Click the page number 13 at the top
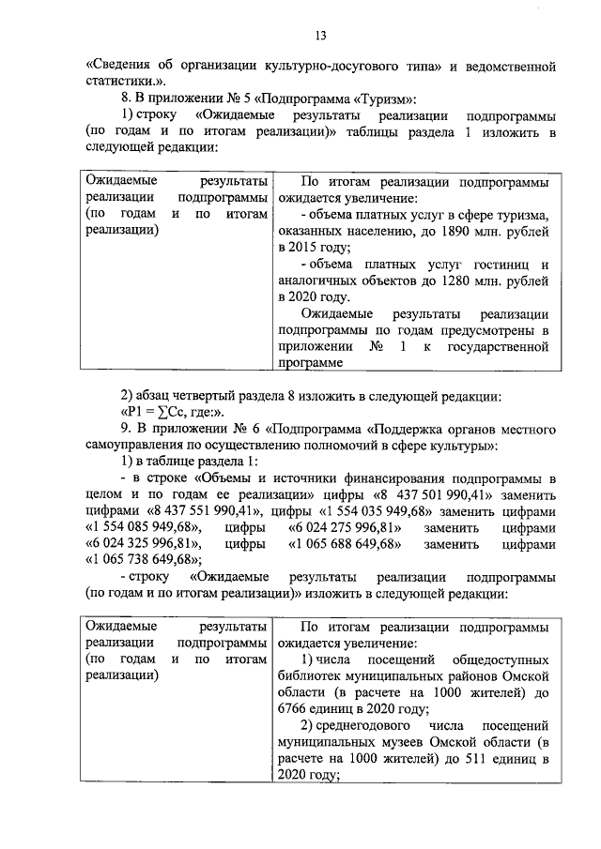[x=319, y=36]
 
